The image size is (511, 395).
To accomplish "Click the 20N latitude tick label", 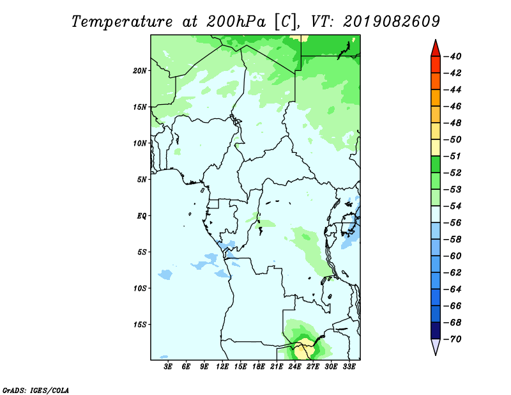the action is point(140,71).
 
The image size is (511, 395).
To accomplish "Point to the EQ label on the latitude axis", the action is point(142,216).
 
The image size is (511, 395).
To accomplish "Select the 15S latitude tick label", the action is point(140,325).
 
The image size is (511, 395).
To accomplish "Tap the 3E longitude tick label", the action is point(168,367).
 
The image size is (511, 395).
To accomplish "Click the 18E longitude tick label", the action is point(259,367).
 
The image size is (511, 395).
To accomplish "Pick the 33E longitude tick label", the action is point(349,367).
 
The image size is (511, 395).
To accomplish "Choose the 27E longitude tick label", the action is point(313,367).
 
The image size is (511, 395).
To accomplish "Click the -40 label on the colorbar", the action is point(453,56).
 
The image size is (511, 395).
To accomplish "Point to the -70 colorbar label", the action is point(453,339).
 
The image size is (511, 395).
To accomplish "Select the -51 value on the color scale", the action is point(453,156).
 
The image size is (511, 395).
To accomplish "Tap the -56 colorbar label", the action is point(453,223).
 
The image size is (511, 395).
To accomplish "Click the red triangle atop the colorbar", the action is point(436,50).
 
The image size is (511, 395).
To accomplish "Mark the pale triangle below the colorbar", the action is point(436,346).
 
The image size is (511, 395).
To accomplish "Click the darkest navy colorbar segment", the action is point(436,330).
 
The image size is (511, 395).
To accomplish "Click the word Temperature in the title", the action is point(122,22).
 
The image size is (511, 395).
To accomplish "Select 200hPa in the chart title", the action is point(236,22).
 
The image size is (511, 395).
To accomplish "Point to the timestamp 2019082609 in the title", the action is point(392,22).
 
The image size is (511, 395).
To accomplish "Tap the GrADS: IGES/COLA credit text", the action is point(36,390).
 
